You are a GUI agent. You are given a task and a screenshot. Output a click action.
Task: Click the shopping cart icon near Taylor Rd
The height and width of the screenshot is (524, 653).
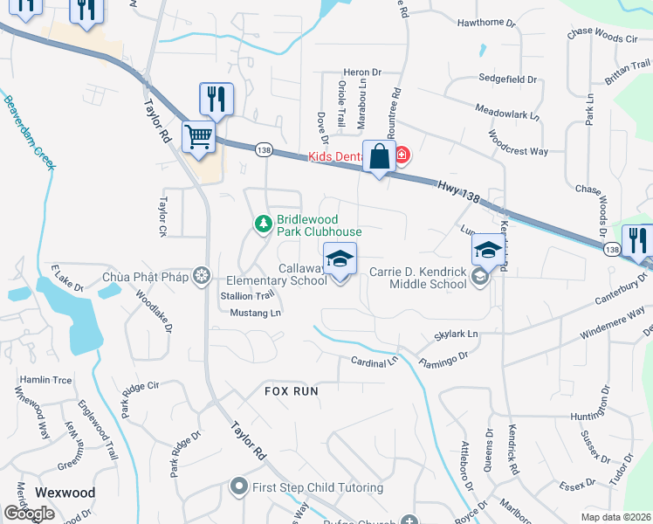(199, 136)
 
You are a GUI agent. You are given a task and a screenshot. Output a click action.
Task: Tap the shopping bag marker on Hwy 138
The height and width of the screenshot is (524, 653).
(379, 157)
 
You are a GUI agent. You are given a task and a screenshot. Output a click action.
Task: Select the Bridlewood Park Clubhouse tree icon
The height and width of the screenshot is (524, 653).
(263, 225)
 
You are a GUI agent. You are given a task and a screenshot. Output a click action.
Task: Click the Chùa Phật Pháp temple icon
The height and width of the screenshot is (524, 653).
(203, 277)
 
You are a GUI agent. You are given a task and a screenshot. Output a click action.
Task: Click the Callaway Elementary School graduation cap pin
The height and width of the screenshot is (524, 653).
(340, 259)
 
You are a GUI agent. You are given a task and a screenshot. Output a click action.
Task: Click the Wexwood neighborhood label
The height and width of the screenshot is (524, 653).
(65, 493)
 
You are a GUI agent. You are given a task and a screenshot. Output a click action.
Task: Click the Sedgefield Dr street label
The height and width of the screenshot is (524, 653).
(507, 79)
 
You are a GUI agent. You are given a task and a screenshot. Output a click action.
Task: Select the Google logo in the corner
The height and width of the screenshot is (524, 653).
(29, 514)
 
